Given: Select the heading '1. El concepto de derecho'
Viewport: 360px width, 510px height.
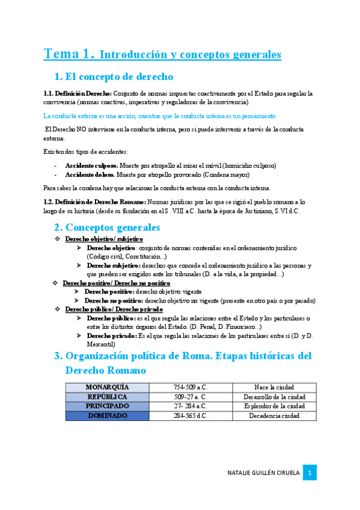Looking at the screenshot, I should [114, 77].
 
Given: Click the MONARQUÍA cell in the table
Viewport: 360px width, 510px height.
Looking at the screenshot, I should [107, 387].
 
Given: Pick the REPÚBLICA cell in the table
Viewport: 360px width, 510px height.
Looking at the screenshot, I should [107, 397].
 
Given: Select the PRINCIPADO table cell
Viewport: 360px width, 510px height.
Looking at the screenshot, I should [107, 406].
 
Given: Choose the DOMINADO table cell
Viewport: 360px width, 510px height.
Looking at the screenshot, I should [107, 416].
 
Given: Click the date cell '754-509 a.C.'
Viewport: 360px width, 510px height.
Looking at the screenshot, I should [191, 387].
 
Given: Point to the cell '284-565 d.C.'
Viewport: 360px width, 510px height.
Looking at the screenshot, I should [191, 416].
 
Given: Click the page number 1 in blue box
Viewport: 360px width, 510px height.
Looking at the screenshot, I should [310, 472].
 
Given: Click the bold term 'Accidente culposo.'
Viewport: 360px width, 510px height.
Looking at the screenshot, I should [91, 165].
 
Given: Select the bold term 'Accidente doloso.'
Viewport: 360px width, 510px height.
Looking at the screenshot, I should [90, 175].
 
